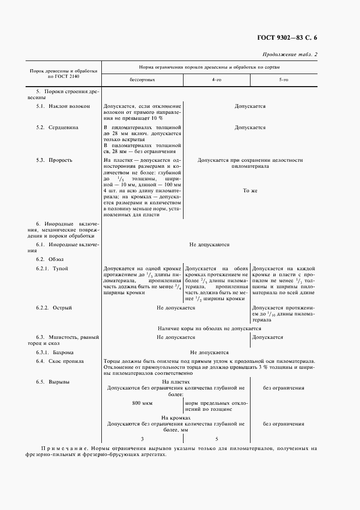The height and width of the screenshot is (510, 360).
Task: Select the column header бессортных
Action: (x=142, y=80)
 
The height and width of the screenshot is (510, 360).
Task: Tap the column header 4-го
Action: (x=216, y=80)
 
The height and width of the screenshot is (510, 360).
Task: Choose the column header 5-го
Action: (x=284, y=80)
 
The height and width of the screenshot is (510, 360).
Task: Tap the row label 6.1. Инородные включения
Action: (x=67, y=245)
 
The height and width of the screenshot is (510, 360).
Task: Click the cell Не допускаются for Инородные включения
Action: (x=209, y=245)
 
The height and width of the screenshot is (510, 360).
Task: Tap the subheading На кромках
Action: (x=175, y=417)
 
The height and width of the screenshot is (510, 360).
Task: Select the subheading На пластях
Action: (x=175, y=382)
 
